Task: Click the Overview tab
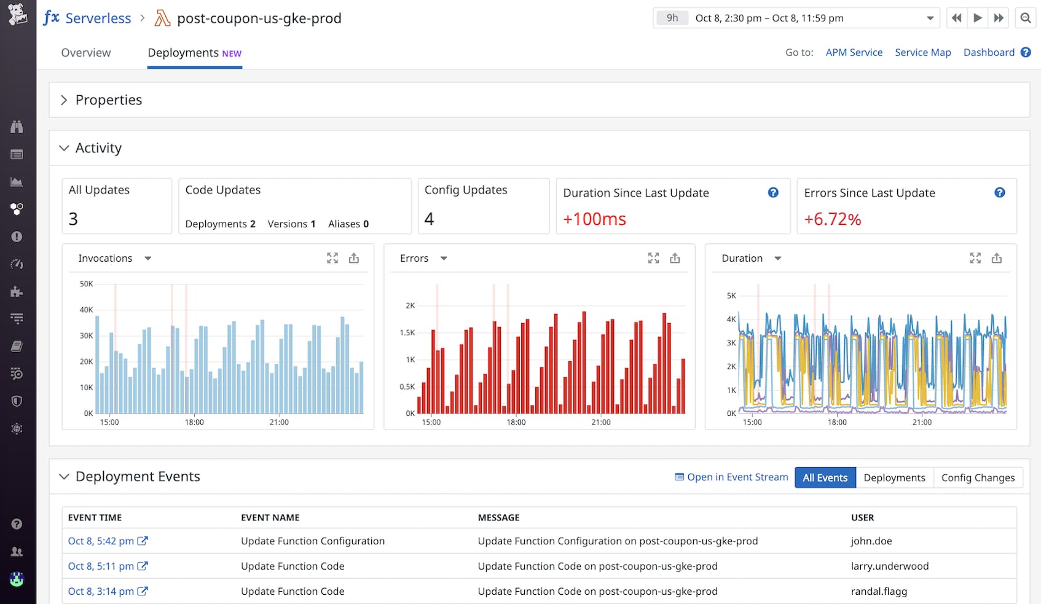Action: point(86,53)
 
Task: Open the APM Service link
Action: point(854,53)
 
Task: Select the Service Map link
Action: point(922,53)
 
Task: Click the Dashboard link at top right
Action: point(989,53)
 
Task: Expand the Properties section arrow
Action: point(64,100)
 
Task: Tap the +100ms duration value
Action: point(594,219)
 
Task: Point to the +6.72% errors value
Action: point(832,219)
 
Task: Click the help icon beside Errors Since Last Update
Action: point(999,193)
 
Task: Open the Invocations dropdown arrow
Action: point(147,259)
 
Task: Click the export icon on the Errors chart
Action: point(675,259)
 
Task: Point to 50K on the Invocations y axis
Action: point(86,284)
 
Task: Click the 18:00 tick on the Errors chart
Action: point(516,422)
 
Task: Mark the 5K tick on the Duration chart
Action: point(731,296)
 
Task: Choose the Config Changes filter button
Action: point(978,477)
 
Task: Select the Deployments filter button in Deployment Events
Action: point(894,477)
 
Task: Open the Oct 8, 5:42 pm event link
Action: point(101,541)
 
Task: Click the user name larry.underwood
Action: point(889,567)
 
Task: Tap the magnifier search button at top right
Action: point(1025,18)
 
